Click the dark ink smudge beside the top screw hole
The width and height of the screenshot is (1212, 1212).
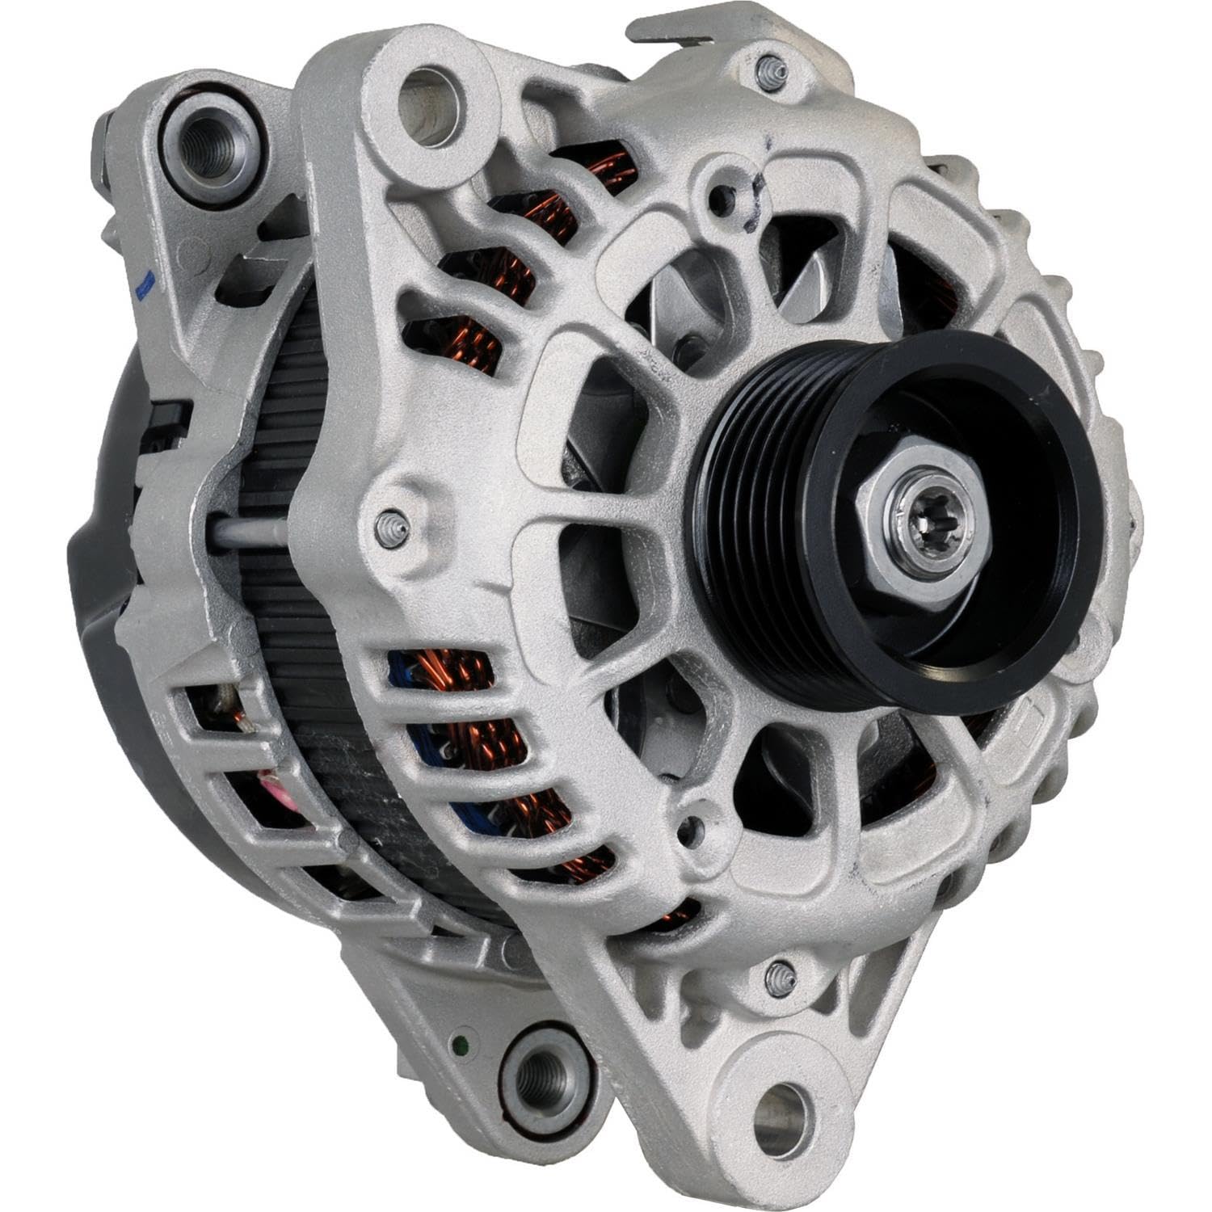755,198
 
